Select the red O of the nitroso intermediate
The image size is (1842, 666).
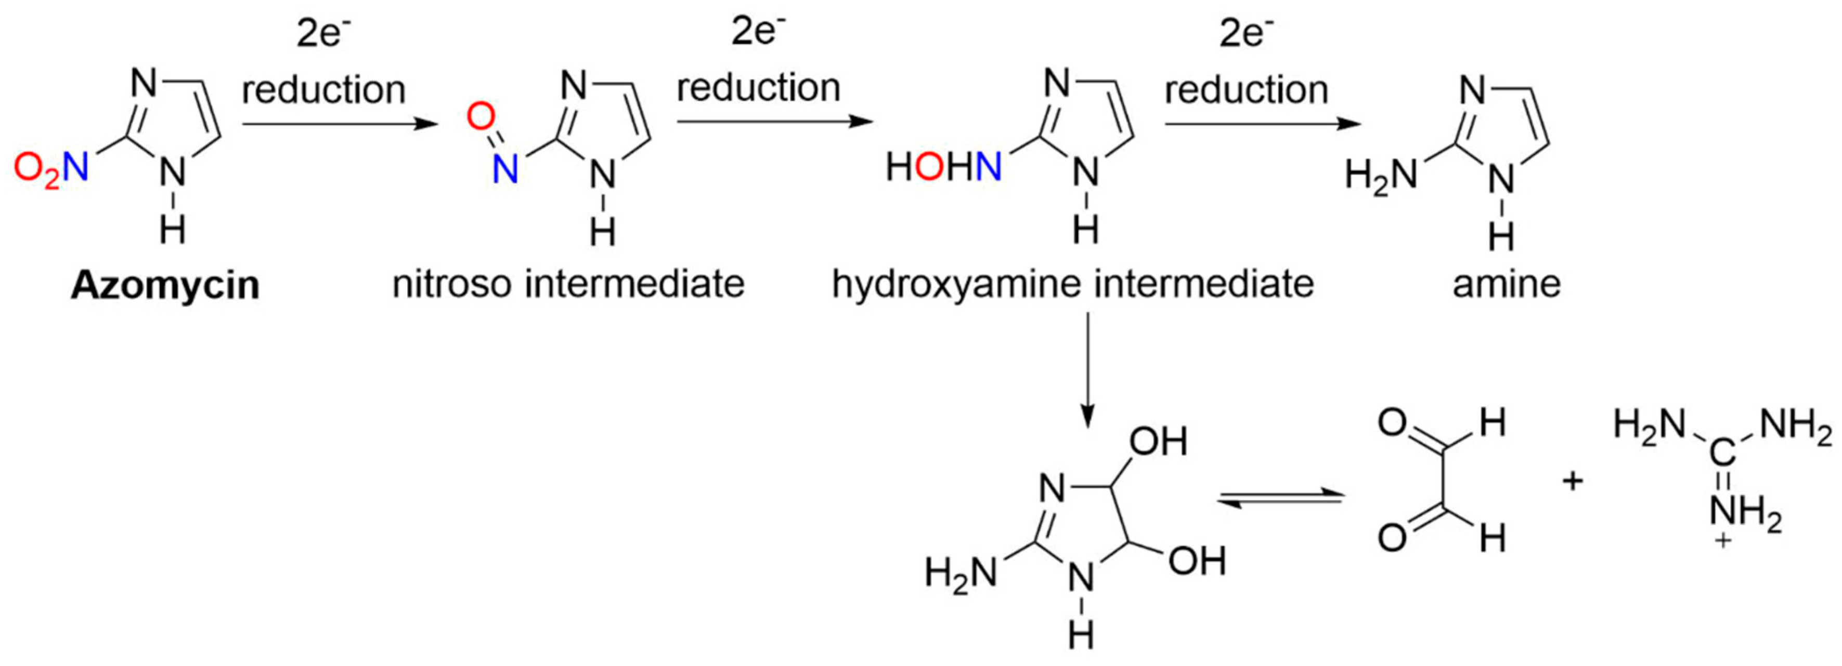point(481,116)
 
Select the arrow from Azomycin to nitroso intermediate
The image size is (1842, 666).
point(339,124)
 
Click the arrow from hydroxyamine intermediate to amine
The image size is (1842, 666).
point(1262,124)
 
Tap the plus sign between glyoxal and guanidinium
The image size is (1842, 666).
point(1573,481)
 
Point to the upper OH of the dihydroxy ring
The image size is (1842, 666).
point(1158,442)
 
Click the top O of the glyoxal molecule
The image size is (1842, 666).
point(1392,424)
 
